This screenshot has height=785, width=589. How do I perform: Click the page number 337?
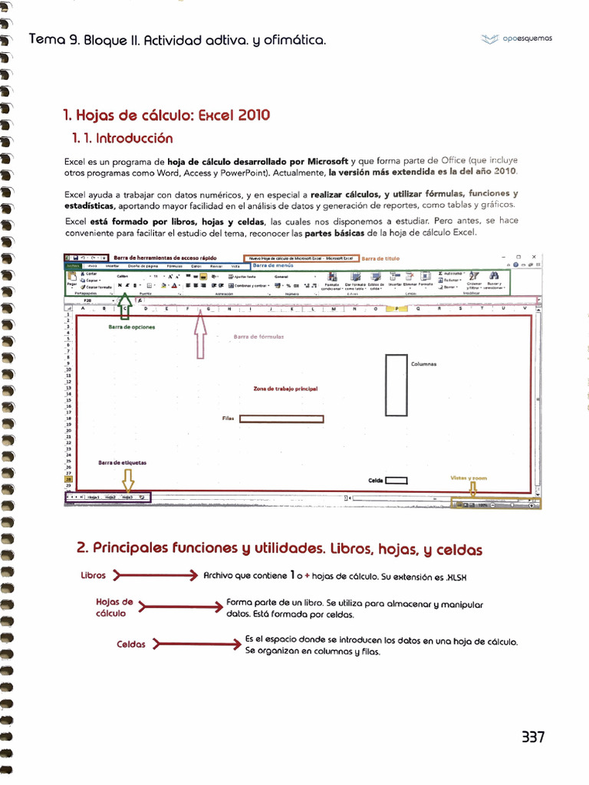[x=532, y=737]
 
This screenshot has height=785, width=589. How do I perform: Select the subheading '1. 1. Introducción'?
[x=122, y=139]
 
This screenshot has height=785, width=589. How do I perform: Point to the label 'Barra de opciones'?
[x=131, y=327]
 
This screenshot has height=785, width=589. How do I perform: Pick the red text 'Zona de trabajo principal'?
[x=285, y=389]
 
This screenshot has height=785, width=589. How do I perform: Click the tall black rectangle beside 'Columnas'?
[x=396, y=385]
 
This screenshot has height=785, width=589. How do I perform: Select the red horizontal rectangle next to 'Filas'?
[x=281, y=419]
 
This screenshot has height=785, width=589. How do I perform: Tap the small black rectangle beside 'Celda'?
[x=396, y=481]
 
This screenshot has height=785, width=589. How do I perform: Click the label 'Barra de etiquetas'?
[x=123, y=462]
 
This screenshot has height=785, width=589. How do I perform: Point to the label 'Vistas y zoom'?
[x=468, y=478]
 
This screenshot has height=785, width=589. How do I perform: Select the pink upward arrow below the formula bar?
[x=202, y=335]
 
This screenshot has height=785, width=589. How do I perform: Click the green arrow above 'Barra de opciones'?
[x=126, y=310]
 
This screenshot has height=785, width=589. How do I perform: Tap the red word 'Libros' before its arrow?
[x=93, y=575]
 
